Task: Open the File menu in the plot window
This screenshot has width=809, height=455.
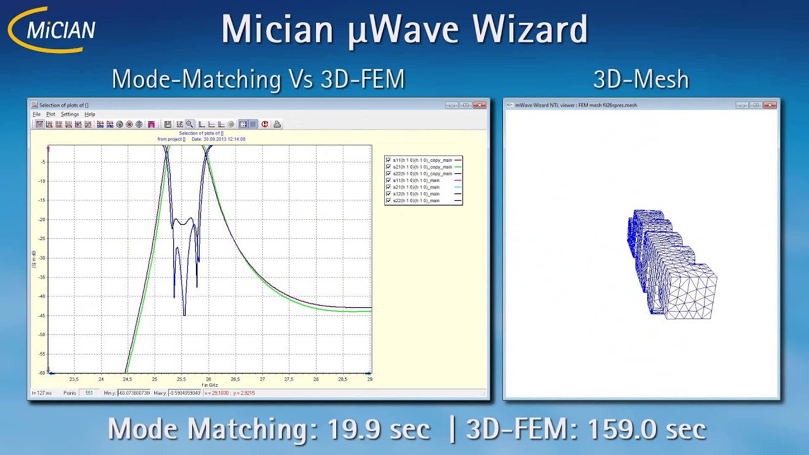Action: point(37,114)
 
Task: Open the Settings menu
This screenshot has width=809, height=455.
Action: point(70,114)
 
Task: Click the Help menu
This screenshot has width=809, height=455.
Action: point(90,114)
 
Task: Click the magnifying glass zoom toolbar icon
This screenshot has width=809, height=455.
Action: point(189,124)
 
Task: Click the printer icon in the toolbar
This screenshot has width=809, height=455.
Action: point(277,124)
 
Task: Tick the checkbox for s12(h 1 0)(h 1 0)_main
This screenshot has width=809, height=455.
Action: point(388,194)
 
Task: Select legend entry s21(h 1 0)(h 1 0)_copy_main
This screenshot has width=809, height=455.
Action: point(422,167)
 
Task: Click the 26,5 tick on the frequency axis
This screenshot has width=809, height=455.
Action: point(235,379)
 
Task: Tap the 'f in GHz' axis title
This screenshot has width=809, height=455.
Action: point(210,385)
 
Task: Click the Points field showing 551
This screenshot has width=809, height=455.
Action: point(89,393)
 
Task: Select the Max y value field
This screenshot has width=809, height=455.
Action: point(185,393)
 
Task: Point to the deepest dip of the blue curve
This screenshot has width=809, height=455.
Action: point(184,314)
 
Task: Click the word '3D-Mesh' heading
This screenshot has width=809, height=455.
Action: point(641,80)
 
